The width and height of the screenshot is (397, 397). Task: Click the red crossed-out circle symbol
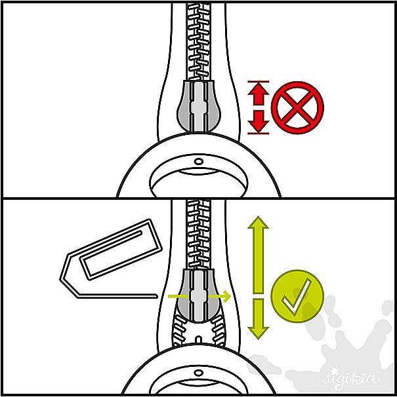tap(297, 107)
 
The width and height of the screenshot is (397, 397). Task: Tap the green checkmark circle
tap(297, 296)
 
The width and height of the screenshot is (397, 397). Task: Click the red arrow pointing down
tap(259, 122)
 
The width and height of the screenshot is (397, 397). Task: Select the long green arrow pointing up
tap(259, 254)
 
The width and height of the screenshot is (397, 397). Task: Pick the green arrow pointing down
tap(259, 319)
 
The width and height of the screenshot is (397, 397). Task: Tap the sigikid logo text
tap(350, 379)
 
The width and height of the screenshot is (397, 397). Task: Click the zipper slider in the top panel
tap(199, 106)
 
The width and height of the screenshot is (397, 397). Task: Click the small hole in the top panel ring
tap(198, 161)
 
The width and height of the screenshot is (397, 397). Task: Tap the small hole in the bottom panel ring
tap(198, 373)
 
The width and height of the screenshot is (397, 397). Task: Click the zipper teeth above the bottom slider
tap(199, 234)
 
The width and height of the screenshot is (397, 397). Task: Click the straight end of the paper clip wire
tap(156, 296)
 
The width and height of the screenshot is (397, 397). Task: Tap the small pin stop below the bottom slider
tap(199, 339)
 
